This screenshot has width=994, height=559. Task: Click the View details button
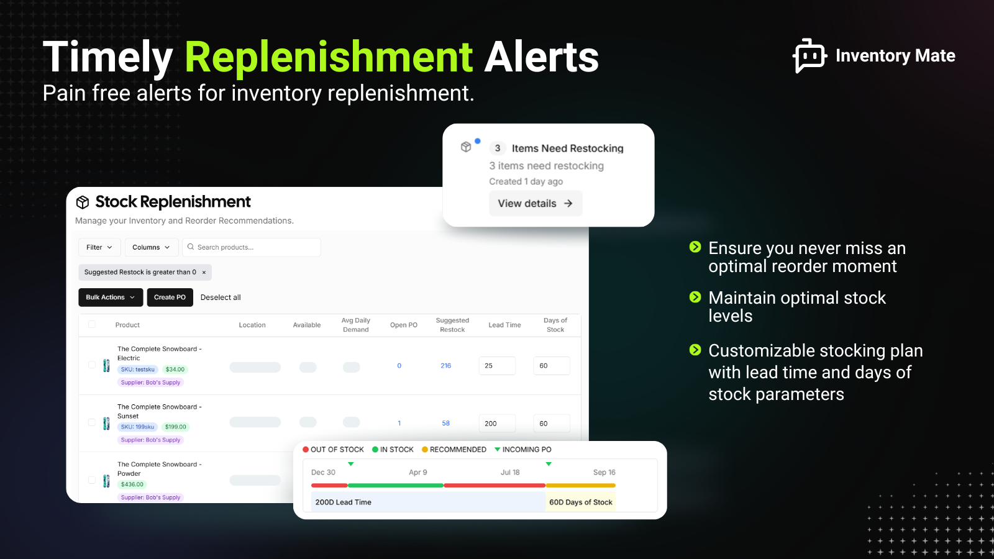click(535, 204)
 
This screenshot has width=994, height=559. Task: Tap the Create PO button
click(170, 298)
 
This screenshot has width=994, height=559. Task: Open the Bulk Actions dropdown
click(110, 298)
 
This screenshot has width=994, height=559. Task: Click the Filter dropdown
click(99, 247)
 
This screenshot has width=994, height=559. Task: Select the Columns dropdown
click(151, 247)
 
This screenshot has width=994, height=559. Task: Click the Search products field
click(252, 247)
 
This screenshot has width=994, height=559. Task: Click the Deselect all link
click(221, 298)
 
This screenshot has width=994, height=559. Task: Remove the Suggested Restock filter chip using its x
click(204, 273)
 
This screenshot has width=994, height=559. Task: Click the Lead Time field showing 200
click(497, 424)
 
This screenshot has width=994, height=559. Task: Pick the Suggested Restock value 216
click(446, 366)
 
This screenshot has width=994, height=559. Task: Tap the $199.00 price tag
click(175, 427)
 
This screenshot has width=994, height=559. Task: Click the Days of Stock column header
click(555, 325)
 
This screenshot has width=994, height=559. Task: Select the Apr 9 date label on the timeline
click(418, 473)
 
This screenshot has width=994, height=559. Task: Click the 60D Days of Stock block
click(580, 502)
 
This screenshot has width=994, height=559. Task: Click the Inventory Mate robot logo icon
click(809, 56)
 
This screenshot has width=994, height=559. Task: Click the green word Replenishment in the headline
click(329, 57)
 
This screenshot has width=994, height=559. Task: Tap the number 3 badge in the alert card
click(498, 148)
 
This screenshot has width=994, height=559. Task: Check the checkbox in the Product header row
click(92, 324)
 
